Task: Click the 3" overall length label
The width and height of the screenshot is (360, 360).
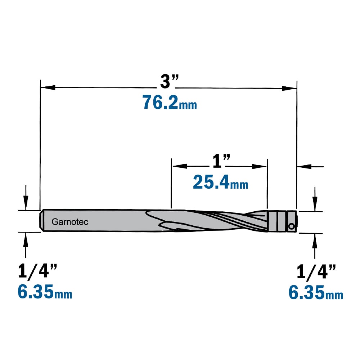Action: pos(170,81)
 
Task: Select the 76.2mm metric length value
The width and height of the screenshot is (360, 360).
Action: pos(170,102)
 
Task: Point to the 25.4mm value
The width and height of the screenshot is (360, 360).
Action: pos(220,182)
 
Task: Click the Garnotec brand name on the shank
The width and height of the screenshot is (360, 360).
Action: pos(70,222)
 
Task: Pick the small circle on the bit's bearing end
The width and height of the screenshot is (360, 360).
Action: pos(291,226)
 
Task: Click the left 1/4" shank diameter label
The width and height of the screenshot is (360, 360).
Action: pos(37,271)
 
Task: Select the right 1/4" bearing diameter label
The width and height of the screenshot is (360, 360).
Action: pos(316,271)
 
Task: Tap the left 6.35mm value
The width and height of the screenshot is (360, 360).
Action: pos(45,292)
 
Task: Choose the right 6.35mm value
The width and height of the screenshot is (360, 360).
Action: pos(316,292)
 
